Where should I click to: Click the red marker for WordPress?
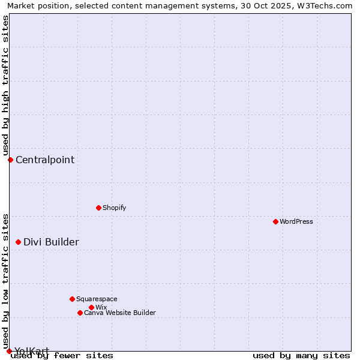pos(275,221)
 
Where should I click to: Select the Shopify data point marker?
pos(98,208)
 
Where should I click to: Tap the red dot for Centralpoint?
pos(10,160)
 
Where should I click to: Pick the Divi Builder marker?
pos(18,242)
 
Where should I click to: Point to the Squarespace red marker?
pos(72,299)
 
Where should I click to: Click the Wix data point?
pos(91,307)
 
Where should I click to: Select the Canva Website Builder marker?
pos(80,313)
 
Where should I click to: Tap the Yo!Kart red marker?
pos(9,351)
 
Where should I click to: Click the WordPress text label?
pos(296,221)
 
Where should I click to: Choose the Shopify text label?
pos(114,208)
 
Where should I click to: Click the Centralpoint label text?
pos(45,160)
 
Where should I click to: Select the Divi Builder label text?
pos(51,242)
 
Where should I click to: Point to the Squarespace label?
pos(97,299)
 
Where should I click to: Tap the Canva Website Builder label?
pos(119,313)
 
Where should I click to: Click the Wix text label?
pos(101,307)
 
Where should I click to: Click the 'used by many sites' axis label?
pos(301,355)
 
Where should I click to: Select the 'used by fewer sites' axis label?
pos(62,355)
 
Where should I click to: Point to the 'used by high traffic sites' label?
pos(5,84)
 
